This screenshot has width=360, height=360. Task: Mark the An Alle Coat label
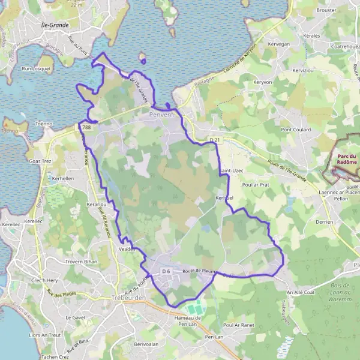(300, 292)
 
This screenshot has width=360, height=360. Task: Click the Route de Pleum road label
(198, 271)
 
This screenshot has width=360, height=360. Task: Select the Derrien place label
(324, 221)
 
